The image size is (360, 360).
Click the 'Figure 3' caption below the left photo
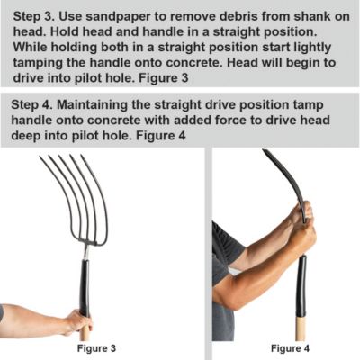pyautogui.click(x=94, y=347)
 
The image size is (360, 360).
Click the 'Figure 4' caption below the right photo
pyautogui.click(x=290, y=347)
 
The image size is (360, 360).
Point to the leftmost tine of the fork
pyautogui.click(x=48, y=193)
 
